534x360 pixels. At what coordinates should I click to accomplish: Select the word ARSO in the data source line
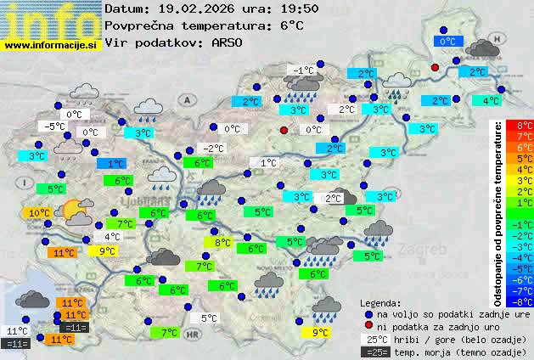tap(228, 42)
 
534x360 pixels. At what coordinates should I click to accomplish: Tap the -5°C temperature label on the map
tap(56, 127)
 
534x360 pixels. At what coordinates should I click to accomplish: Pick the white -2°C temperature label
tap(214, 148)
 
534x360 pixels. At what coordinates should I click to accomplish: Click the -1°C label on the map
tap(301, 70)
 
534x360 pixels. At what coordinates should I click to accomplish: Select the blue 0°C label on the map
tap(447, 41)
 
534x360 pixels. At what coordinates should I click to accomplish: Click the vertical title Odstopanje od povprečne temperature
tap(498, 212)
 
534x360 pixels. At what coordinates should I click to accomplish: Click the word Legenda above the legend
tap(380, 302)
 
